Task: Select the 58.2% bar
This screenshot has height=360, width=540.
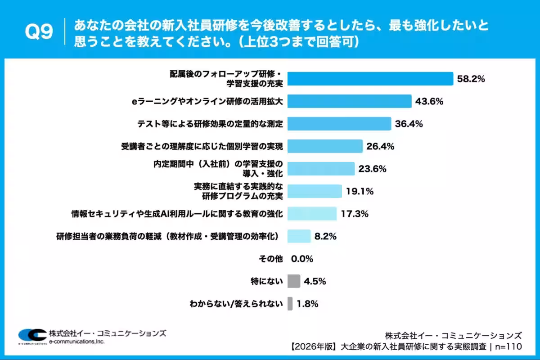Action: (x=370, y=79)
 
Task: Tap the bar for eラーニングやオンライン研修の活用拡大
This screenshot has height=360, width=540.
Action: (x=349, y=101)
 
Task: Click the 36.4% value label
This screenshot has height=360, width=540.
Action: (x=409, y=124)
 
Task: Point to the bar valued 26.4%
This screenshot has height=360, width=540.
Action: (x=325, y=146)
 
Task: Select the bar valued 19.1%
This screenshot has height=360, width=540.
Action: (x=315, y=191)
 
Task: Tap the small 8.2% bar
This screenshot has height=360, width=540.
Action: (x=299, y=236)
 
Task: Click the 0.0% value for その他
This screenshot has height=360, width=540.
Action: (x=302, y=259)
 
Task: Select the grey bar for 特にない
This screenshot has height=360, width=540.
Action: (x=293, y=281)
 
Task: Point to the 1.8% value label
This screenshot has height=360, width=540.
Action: (x=308, y=304)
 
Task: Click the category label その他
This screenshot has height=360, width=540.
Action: (x=270, y=259)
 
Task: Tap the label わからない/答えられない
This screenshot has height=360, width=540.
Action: (x=236, y=304)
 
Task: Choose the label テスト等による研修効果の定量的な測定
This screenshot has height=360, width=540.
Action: (x=210, y=124)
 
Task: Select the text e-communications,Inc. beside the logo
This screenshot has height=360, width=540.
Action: (x=76, y=342)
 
